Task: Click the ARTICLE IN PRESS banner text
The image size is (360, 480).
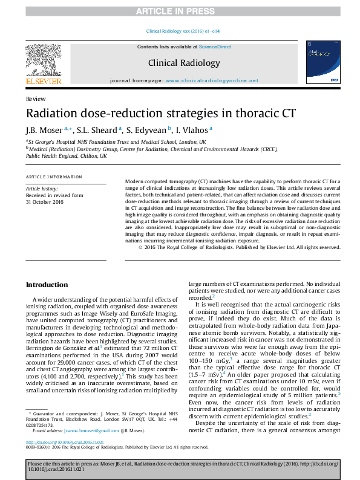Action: pos(180,11)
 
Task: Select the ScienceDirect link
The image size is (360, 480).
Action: pos(215,47)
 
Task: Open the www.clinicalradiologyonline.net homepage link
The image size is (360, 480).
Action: pos(212,80)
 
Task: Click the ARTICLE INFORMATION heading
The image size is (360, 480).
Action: pos(54,177)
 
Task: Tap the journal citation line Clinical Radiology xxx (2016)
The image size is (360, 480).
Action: pos(180,31)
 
